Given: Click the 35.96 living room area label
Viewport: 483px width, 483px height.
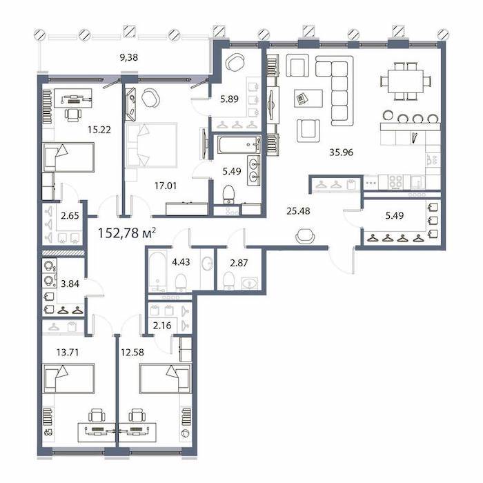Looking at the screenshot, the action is (341, 152).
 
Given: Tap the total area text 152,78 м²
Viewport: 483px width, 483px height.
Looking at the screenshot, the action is (126, 233).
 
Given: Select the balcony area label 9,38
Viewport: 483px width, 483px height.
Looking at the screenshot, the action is (128, 57).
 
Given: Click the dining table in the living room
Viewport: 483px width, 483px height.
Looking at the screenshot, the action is (406, 81).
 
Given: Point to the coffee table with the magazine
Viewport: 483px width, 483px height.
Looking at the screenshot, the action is (308, 98).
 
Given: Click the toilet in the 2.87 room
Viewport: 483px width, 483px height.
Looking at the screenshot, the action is (228, 281).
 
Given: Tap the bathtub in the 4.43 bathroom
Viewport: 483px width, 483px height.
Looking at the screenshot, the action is (157, 270).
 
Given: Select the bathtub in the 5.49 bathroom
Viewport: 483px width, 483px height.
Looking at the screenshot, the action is (239, 144).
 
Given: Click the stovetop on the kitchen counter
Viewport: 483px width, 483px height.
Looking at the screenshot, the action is (395, 181).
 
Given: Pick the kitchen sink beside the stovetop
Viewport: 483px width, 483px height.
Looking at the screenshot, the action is (417, 181).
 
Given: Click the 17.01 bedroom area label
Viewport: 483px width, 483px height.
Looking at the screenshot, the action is (166, 186).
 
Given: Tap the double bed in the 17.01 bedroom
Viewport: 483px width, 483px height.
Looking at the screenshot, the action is (151, 145).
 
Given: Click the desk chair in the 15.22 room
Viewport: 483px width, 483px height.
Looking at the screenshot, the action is (73, 114).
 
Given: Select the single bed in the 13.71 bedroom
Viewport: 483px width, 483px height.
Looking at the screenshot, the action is (68, 378).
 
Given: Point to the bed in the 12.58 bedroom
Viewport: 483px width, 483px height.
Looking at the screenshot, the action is (166, 378).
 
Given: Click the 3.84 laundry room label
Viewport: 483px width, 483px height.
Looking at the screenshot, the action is (70, 284).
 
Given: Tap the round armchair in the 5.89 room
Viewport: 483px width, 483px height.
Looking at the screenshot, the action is (235, 62).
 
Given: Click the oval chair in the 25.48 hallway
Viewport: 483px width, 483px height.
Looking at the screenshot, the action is (305, 236).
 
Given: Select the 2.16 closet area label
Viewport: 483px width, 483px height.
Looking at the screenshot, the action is (162, 325).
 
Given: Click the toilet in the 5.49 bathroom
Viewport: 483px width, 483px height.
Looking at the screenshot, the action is (228, 195).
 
